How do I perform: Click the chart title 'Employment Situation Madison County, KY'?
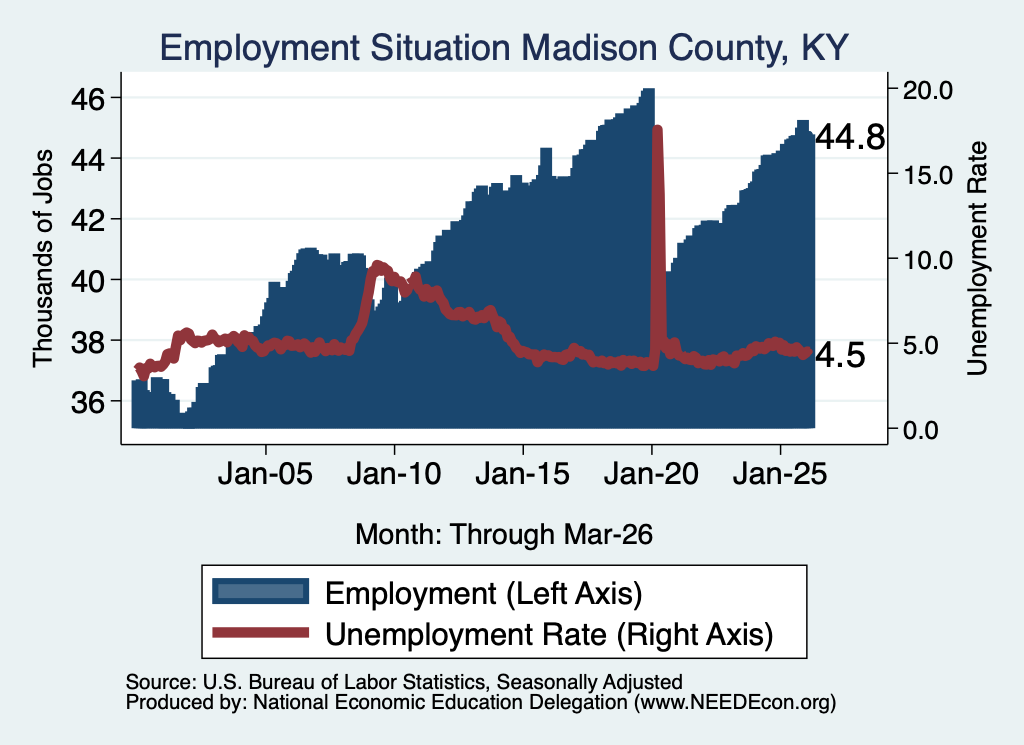pyautogui.click(x=504, y=48)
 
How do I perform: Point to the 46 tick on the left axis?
pyautogui.click(x=88, y=99)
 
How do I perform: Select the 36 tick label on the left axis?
pyautogui.click(x=88, y=402)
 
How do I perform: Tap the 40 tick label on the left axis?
pyautogui.click(x=88, y=281)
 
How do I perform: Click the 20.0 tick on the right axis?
pyautogui.click(x=927, y=90)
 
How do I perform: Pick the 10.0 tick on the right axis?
pyautogui.click(x=927, y=260)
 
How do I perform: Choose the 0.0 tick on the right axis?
pyautogui.click(x=921, y=430)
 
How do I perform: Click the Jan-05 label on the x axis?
pyautogui.click(x=265, y=474)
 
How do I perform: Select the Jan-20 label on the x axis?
pyautogui.click(x=651, y=474)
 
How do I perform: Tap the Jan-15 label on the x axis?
pyautogui.click(x=522, y=474)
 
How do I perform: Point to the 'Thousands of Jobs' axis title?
pyautogui.click(x=42, y=259)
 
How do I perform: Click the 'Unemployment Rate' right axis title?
pyautogui.click(x=977, y=259)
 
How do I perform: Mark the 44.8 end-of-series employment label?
pyautogui.click(x=850, y=137)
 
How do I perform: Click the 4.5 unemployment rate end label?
pyautogui.click(x=840, y=355)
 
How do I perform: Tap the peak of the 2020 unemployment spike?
pyautogui.click(x=658, y=129)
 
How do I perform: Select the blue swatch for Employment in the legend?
pyautogui.click(x=261, y=592)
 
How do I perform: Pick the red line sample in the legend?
pyautogui.click(x=261, y=632)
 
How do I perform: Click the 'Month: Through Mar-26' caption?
pyautogui.click(x=504, y=534)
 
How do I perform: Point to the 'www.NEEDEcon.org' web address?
pyautogui.click(x=734, y=703)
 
